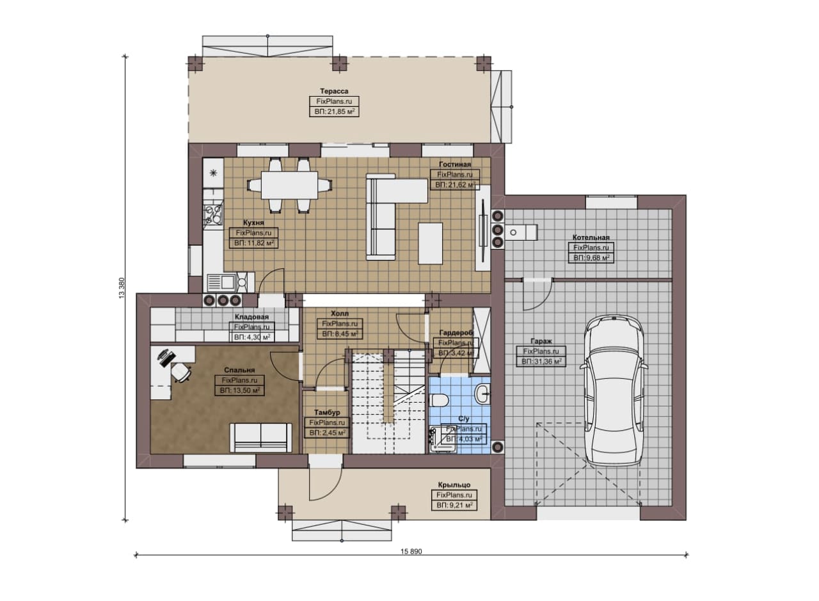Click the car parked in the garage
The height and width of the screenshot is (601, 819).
[612, 391]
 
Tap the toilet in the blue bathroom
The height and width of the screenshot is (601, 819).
[439, 400]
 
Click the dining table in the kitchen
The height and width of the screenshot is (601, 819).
[289, 186]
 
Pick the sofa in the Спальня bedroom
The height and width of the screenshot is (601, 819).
[260, 438]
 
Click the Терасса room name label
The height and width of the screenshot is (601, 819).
[334, 91]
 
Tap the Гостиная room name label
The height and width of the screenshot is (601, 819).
[455, 164]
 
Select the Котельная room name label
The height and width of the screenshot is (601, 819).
[591, 237]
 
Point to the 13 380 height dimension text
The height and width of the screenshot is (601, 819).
[122, 288]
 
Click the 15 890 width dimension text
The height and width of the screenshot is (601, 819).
[411, 551]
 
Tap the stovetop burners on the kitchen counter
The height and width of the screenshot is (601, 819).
[213, 213]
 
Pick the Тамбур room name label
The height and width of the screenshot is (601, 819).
[327, 412]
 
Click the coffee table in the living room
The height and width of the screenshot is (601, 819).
[431, 243]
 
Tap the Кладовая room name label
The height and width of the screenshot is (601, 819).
[251, 317]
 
